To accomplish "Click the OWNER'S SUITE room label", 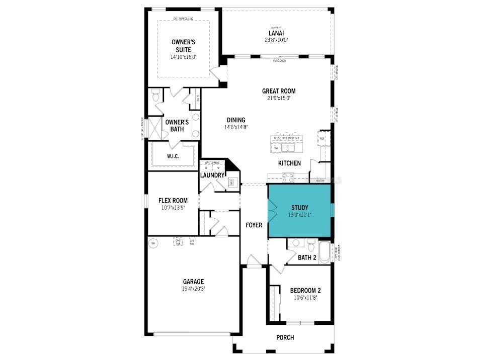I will (183, 46).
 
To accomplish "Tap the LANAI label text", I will (276, 33).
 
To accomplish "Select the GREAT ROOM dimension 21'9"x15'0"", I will (278, 98).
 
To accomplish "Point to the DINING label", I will (236, 120).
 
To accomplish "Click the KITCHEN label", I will (290, 163).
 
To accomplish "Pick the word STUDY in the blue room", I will (299, 208).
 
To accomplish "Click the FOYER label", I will (254, 225).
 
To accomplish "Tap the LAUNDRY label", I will (212, 175).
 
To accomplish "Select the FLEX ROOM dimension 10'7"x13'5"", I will (173, 208).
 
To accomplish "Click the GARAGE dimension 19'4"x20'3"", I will (193, 289).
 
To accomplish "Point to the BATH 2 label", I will (307, 258).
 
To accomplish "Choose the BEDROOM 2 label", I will (305, 291).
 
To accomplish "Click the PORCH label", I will (285, 337).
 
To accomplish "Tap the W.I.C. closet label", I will (173, 156).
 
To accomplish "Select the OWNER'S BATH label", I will (177, 125).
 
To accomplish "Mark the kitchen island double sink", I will (287, 148).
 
